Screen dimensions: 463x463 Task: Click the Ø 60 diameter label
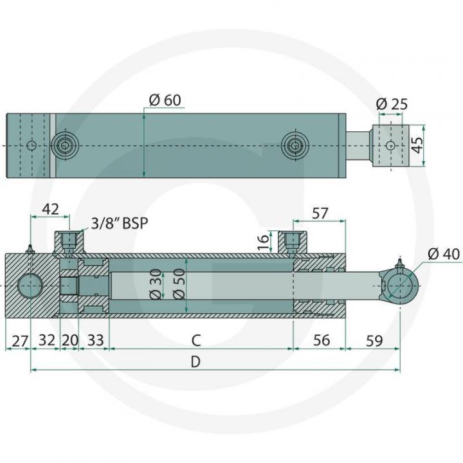[x=165, y=100]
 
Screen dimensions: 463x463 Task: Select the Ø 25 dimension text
[x=391, y=104]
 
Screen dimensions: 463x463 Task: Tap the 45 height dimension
[x=419, y=145]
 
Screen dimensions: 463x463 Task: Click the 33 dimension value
[x=95, y=340]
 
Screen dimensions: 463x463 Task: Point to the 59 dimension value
[x=373, y=340]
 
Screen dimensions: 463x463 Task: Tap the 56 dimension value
[x=319, y=340]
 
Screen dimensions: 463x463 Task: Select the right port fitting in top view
[x=295, y=145]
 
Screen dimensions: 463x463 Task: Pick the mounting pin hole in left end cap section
[x=31, y=285]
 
